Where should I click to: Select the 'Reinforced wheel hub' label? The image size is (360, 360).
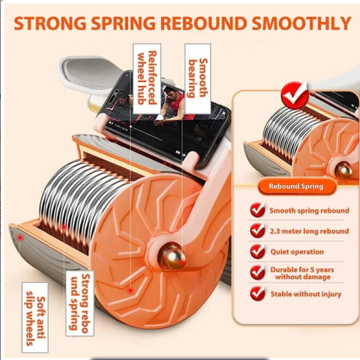coord(147,78)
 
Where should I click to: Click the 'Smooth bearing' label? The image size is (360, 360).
coord(197,78)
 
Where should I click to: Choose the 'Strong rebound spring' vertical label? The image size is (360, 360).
coord(80,303)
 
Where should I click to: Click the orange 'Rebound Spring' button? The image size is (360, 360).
coord(296,187)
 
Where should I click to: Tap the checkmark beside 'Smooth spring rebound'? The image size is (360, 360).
coord(258,210)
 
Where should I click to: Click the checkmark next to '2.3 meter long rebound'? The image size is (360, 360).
coord(258,231)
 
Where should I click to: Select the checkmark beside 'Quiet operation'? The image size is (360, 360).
coord(258,251)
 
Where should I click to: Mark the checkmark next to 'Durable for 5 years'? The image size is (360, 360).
coord(258,273)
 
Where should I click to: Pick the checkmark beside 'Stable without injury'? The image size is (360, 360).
coord(258,294)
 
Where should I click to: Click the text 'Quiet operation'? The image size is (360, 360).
coord(297,252)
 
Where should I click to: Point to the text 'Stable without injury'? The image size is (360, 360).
coord(306,294)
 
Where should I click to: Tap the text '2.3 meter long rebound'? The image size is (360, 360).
coord(309,231)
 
